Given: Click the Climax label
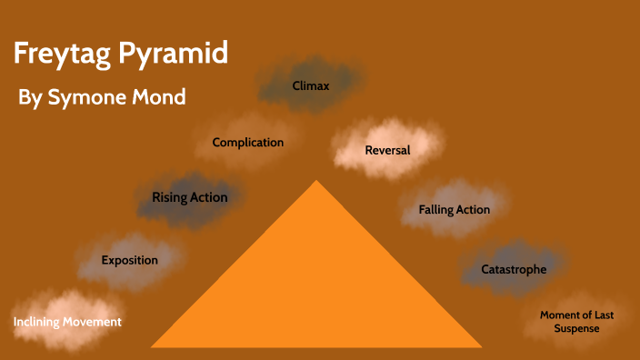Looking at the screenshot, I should (x=310, y=86).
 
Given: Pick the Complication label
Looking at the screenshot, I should (x=247, y=142).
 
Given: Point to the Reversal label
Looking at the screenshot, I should (x=387, y=150).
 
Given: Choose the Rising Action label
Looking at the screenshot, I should (x=189, y=197).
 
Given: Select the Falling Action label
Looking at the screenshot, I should (x=454, y=210).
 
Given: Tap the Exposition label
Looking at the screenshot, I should (x=129, y=260).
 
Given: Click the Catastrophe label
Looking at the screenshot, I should (x=514, y=269).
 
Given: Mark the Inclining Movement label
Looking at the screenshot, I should (x=67, y=322).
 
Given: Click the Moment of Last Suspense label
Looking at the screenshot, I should (x=576, y=321).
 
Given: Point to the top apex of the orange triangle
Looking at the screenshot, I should (x=316, y=181).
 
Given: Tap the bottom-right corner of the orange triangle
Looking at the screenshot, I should (x=481, y=346).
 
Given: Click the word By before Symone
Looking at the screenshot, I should (x=30, y=98).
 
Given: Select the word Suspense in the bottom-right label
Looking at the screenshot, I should (x=576, y=328).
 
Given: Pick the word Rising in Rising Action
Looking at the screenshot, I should (x=170, y=197).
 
